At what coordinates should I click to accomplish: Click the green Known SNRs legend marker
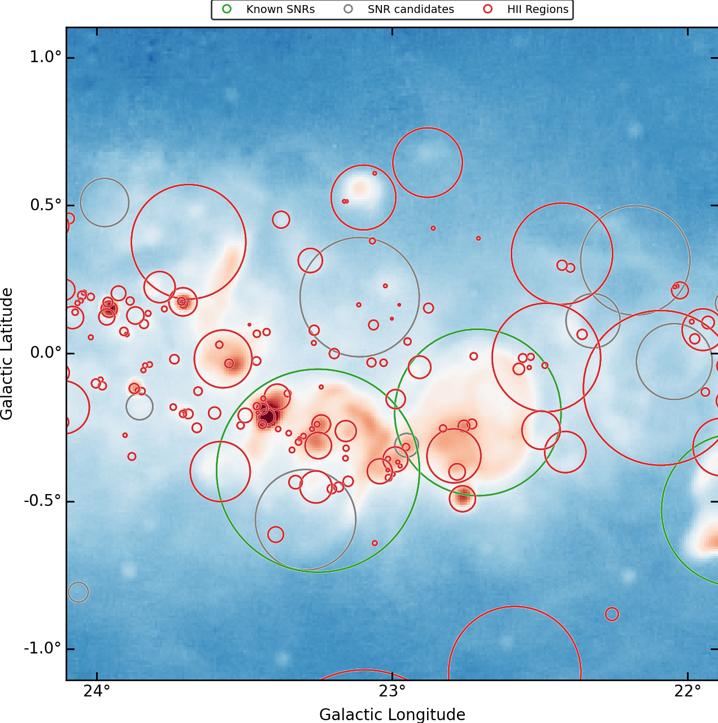pos(227,9)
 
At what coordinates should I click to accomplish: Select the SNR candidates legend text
pos(411,9)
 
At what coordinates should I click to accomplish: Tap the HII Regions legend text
pos(538,9)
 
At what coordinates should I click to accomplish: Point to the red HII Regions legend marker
pos(488,9)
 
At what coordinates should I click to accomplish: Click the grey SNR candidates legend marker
pos(349,9)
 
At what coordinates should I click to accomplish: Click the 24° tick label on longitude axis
pos(97,691)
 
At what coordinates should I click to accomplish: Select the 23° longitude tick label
pos(392,691)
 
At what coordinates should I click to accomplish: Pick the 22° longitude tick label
pos(688,691)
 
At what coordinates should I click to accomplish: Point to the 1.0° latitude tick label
pos(45,57)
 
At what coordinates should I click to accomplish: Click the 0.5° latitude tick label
pos(45,205)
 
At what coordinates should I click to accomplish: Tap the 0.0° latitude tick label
pos(45,353)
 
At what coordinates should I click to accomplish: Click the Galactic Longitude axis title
pos(392,715)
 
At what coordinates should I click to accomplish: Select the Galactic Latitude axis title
pos(7,353)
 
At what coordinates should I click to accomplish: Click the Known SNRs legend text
pos(280,9)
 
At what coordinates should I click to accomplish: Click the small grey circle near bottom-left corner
pos(79,592)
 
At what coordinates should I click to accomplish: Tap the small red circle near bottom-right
pos(612,614)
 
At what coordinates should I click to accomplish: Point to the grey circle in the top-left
pos(105,202)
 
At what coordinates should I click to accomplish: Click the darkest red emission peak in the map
pos(269,417)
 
